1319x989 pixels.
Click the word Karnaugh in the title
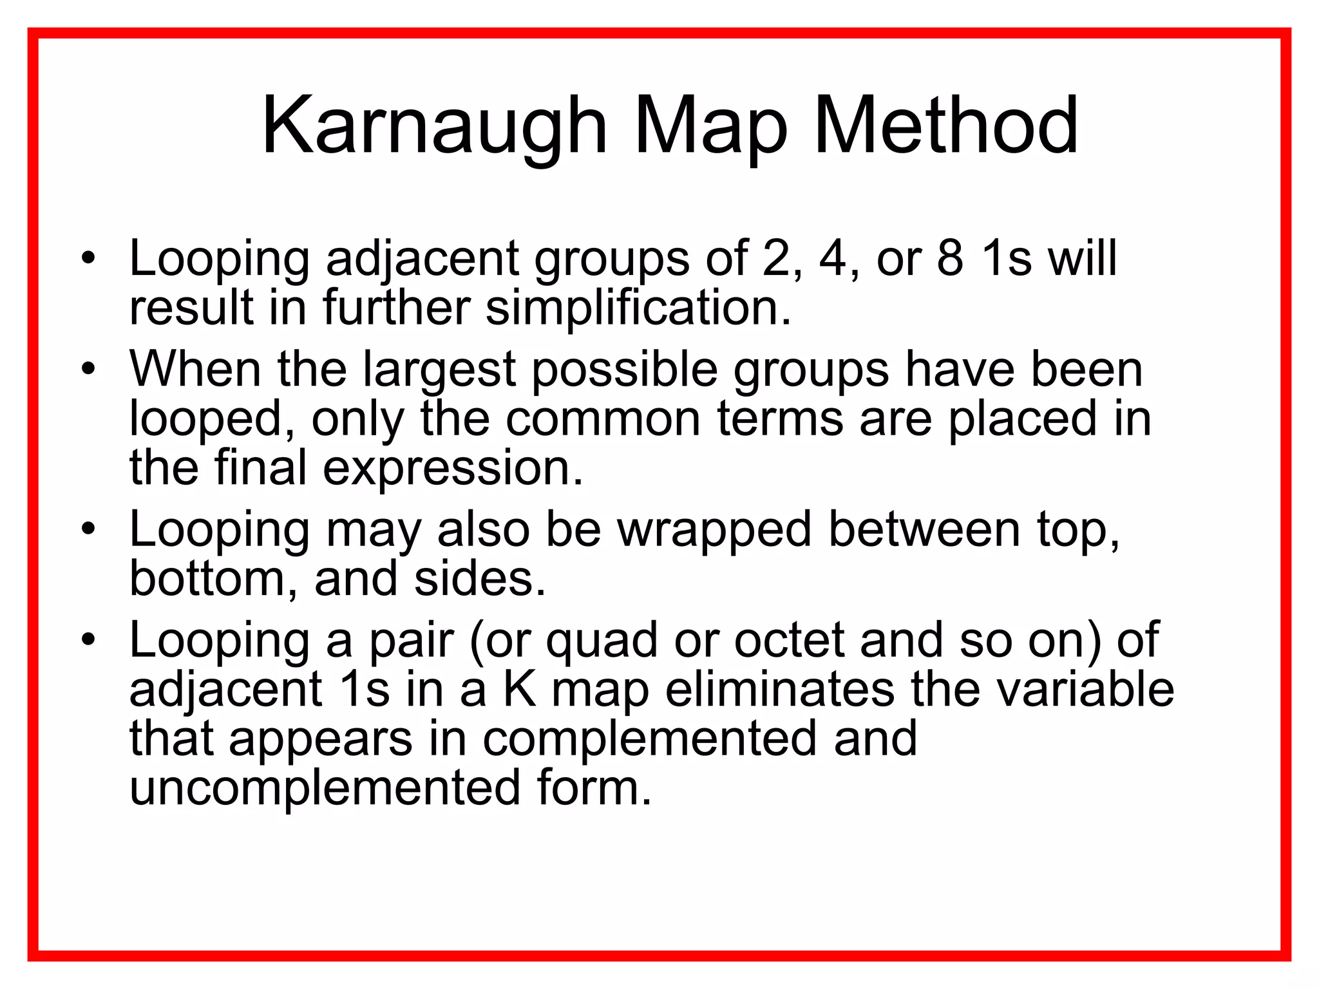(435, 126)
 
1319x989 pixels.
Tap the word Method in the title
(946, 126)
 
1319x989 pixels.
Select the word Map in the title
(711, 126)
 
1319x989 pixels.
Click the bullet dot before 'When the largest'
(88, 369)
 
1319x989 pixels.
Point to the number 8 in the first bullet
(950, 258)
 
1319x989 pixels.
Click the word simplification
(638, 307)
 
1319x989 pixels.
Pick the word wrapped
(714, 529)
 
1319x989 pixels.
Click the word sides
(479, 578)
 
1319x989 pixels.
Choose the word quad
(602, 641)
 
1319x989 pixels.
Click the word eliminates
(779, 689)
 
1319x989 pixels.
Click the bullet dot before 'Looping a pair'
(88, 640)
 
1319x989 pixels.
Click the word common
(603, 419)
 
